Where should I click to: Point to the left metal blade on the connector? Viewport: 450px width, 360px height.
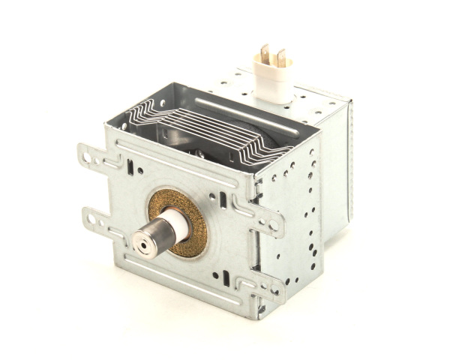pos(263,54)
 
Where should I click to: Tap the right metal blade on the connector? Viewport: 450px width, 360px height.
pos(281,57)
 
